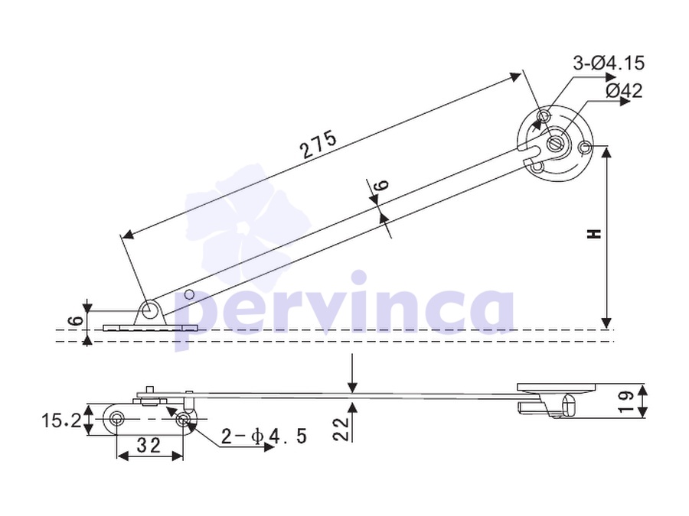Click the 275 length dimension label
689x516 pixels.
coord(319,144)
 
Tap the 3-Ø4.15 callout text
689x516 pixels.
coord(609,63)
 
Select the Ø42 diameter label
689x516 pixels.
coord(624,91)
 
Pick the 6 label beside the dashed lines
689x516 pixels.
coord(77,320)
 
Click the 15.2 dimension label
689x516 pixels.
coord(61,421)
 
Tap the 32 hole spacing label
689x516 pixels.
coord(149,446)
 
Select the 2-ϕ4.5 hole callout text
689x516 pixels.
coord(263,436)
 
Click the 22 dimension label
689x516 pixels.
coord(341,429)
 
